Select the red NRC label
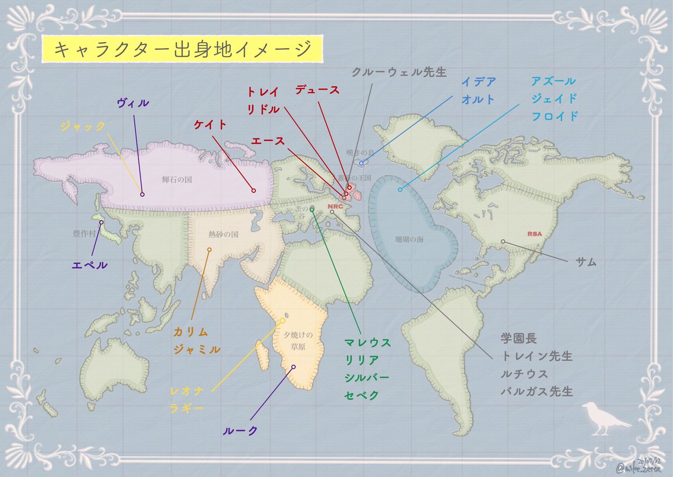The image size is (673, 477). coord(335,205)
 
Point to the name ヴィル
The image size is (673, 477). coord(133,103)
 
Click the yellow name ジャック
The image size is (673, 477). coord(83,127)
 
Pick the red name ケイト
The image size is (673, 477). coord(210,125)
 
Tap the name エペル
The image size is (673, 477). coord(90,264)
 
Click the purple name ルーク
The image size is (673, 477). coord(240,430)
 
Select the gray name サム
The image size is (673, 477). coord(586,262)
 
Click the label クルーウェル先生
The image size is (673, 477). coord(399,72)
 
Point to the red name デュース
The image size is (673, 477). coord(317,90)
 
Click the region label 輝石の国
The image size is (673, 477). coord(177,180)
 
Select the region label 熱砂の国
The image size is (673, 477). coord(224,235)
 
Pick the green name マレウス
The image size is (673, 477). coord(367,342)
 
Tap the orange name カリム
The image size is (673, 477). coord(191,332)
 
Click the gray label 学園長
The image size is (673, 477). coord(519,338)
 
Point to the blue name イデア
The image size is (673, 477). coord(478,82)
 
